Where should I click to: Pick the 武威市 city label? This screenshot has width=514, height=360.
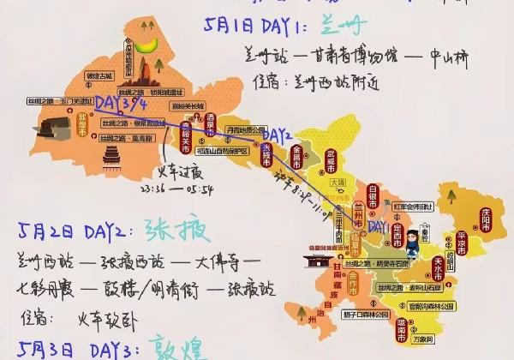pos(324,160)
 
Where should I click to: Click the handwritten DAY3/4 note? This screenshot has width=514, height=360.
pos(121,105)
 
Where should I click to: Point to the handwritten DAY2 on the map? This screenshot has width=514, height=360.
pos(278,135)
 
